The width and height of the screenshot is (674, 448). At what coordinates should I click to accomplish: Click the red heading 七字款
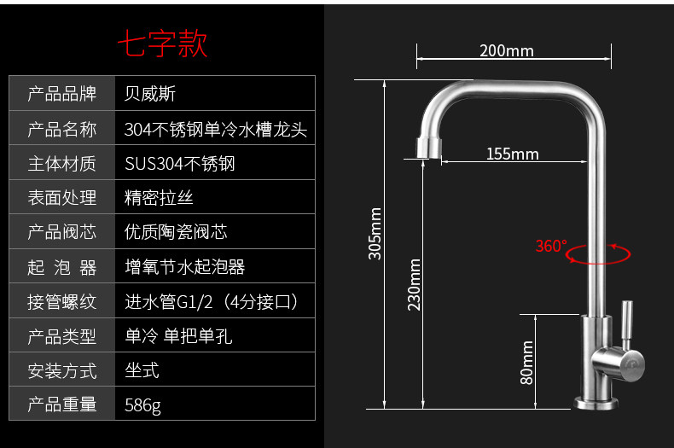coord(162,44)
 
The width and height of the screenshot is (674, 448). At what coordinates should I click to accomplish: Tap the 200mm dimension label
coord(506,50)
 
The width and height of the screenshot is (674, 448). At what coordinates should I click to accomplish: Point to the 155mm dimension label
coord(512,154)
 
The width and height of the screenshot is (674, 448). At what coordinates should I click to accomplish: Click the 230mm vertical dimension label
coord(415,285)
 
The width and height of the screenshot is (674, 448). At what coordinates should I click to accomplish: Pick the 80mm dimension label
coord(527,362)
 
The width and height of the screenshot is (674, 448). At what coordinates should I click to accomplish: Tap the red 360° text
coord(550,247)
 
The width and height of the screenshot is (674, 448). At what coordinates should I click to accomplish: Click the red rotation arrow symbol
coord(599,253)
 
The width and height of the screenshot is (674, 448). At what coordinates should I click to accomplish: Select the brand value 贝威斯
coord(150,94)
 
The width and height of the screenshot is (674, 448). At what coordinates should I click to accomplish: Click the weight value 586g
coord(142,405)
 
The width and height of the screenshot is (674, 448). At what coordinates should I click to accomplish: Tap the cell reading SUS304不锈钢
coord(179,163)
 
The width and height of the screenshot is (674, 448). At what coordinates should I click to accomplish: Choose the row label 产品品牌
coord(62,94)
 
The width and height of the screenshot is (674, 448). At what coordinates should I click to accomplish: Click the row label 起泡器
coord(62,267)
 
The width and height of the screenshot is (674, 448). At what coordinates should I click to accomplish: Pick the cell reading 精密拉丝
coord(159,198)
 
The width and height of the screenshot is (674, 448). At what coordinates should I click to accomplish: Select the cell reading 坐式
coord(142,370)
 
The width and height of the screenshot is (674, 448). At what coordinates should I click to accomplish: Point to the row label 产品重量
coord(62,405)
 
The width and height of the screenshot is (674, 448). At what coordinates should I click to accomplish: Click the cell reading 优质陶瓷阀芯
coord(176,232)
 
